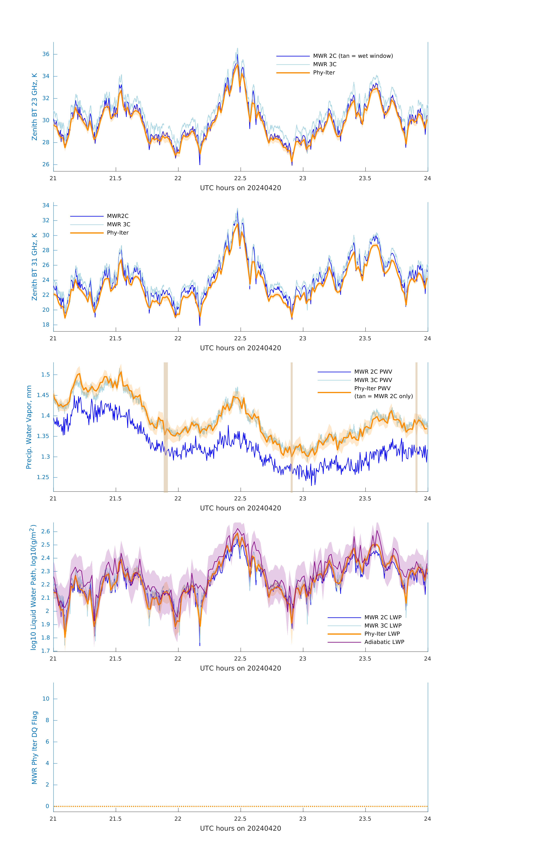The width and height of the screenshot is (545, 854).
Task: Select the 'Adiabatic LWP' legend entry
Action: point(384,642)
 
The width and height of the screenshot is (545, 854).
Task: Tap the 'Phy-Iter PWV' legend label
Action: point(372,388)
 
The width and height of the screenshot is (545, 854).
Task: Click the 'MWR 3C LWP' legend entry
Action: point(383,626)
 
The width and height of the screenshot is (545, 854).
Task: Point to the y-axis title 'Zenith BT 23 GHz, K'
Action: point(34,107)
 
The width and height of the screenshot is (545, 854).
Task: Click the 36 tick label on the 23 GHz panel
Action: point(46,54)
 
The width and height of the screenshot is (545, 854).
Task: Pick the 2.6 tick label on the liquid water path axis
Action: point(45,531)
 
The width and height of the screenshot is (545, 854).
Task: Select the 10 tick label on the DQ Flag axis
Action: point(46,699)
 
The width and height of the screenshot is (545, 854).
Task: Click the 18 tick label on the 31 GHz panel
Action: point(46,325)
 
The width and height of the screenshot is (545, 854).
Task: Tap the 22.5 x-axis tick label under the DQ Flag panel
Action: point(240,819)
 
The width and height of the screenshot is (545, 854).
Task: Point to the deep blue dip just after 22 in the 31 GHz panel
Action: point(199,325)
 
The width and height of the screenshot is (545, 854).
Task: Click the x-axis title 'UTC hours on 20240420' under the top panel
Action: point(240,188)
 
